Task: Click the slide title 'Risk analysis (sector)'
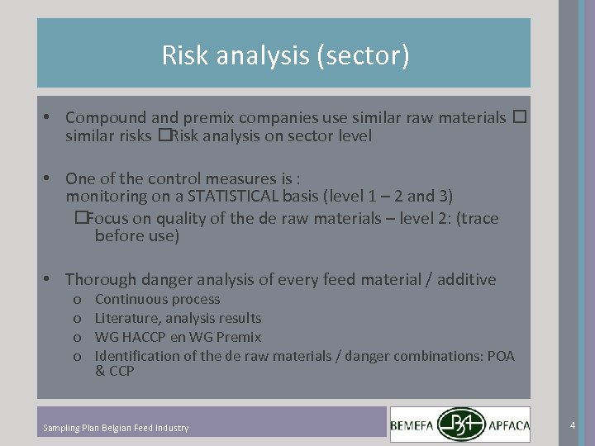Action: (x=285, y=55)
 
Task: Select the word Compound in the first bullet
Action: (x=101, y=118)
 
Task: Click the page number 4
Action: (x=572, y=425)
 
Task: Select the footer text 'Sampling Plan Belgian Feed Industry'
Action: (x=116, y=428)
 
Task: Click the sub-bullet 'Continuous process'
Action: (x=157, y=299)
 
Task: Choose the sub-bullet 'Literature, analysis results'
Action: (x=178, y=318)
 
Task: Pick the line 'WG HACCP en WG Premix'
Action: (x=178, y=337)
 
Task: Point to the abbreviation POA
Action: (x=499, y=356)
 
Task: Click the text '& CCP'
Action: (x=114, y=372)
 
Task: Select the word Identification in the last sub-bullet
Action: (x=137, y=356)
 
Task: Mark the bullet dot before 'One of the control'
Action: (x=50, y=178)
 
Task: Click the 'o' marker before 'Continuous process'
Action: (x=77, y=300)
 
